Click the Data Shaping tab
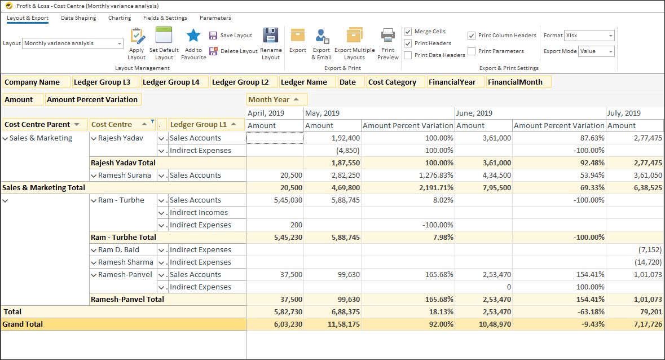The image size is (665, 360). click(78, 18)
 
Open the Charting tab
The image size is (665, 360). click(120, 18)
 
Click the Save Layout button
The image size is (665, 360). click(231, 36)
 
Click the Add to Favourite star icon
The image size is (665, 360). click(193, 36)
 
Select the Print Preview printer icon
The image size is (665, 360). click(388, 36)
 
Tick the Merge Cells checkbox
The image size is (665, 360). click(408, 32)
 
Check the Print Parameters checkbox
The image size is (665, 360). click(472, 51)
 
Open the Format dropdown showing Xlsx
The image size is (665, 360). click(589, 36)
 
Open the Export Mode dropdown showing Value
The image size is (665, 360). click(596, 51)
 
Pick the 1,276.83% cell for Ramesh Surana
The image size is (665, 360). click(407, 175)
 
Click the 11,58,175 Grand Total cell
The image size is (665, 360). click(332, 324)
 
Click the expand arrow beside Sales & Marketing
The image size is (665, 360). click(6, 138)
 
